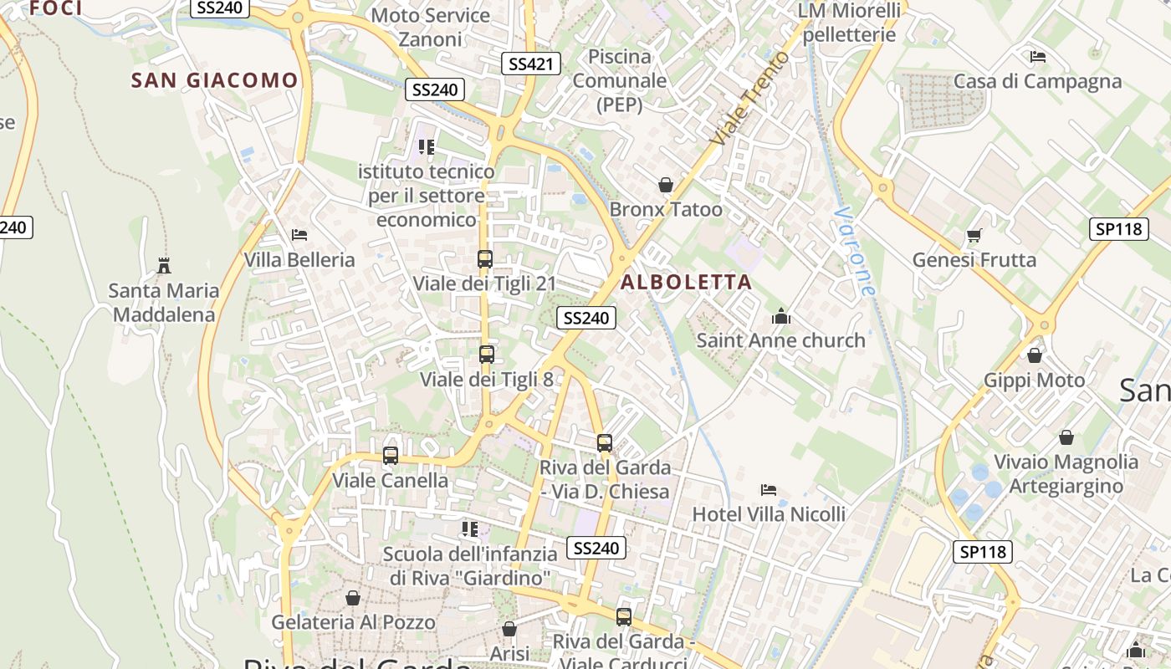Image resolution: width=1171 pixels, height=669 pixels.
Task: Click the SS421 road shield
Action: coord(531,64)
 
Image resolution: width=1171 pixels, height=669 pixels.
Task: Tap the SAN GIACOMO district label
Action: coord(214,80)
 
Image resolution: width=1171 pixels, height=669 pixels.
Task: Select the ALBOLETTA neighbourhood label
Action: coord(686,283)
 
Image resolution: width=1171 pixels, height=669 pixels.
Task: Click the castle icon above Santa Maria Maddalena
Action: coord(164,266)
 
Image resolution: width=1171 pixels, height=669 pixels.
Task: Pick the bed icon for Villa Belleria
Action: coord(299,235)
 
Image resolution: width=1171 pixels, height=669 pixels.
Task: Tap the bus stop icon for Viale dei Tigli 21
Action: coord(485,259)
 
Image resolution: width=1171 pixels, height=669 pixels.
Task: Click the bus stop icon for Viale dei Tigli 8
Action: coord(487,355)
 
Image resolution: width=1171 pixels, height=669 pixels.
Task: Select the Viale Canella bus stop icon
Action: coord(391,456)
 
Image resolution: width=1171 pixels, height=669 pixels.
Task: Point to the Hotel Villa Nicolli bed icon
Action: coord(769,489)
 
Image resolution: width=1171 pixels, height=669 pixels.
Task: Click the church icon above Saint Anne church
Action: coord(781,316)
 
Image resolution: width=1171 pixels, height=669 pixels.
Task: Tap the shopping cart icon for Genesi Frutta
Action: coord(974,235)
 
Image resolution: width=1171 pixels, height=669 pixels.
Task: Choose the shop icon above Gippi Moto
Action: coord(1035,355)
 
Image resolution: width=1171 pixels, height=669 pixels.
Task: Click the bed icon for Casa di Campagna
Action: coord(1038,57)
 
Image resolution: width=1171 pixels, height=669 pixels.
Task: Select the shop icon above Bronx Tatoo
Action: coord(666,184)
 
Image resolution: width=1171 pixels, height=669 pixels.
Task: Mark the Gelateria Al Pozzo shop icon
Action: coord(353,598)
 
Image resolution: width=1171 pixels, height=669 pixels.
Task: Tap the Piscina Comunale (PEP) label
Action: coord(620,80)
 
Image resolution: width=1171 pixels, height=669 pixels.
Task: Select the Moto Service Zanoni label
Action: coord(430,27)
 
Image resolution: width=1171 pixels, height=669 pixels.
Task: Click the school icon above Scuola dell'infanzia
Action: coord(470,529)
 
